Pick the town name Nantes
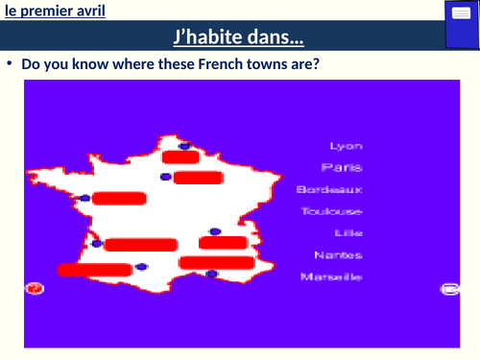point(333,255)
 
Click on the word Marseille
point(330,276)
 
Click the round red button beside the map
point(36,288)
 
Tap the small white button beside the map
point(447,288)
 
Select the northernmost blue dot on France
point(182,148)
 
